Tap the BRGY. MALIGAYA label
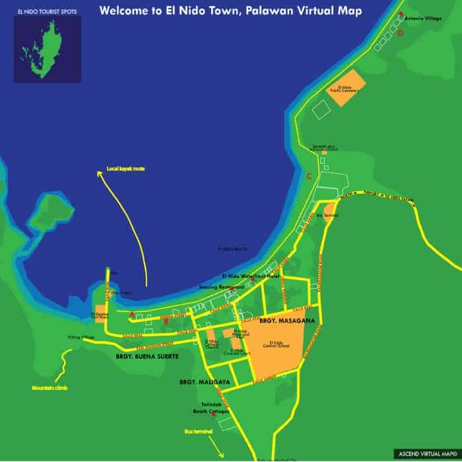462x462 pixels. pyautogui.click(x=199, y=382)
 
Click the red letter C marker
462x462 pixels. pyautogui.click(x=309, y=175)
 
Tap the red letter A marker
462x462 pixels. pyautogui.click(x=131, y=315)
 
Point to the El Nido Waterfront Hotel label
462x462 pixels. pyautogui.click(x=251, y=276)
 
